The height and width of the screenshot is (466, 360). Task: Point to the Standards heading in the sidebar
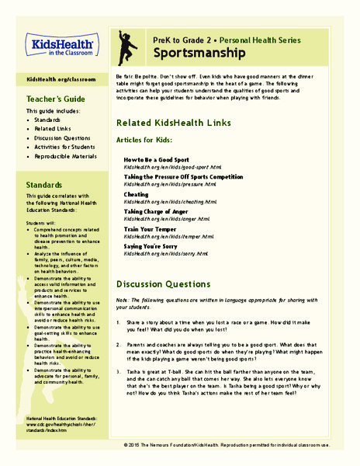tap(49, 186)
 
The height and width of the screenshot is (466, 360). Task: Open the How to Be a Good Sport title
tap(157, 159)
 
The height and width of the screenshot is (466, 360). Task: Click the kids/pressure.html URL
tap(168, 184)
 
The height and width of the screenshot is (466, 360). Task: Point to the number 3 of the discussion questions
tap(118, 371)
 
